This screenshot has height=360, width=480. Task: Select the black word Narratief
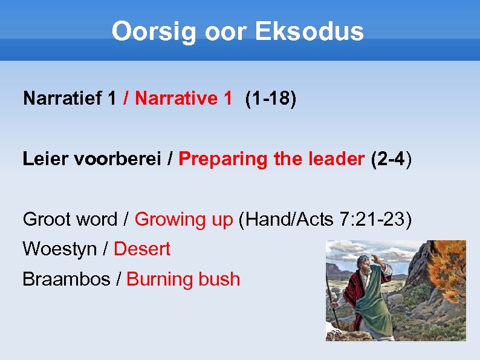[61, 98]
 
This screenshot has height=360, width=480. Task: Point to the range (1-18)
[271, 98]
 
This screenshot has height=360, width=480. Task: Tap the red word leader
[332, 159]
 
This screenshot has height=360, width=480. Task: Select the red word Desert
[142, 249]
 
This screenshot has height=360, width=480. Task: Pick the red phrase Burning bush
[183, 279]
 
